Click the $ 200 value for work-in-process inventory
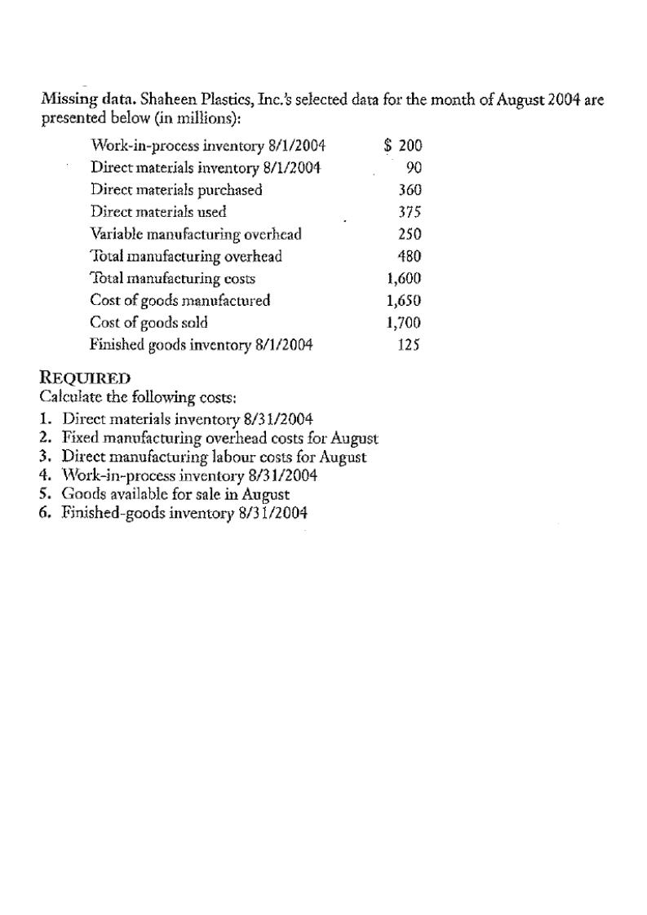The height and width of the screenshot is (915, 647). [403, 146]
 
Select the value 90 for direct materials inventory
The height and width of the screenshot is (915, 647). [412, 168]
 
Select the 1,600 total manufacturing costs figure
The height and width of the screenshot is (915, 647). [404, 278]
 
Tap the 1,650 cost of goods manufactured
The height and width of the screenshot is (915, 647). [404, 300]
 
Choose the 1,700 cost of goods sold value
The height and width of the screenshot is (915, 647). [404, 322]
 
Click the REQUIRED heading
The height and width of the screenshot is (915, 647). [85, 378]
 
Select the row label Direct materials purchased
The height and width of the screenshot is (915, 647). [176, 190]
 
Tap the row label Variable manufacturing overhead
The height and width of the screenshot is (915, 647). [196, 234]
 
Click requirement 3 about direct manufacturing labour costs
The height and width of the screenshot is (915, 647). [214, 457]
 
